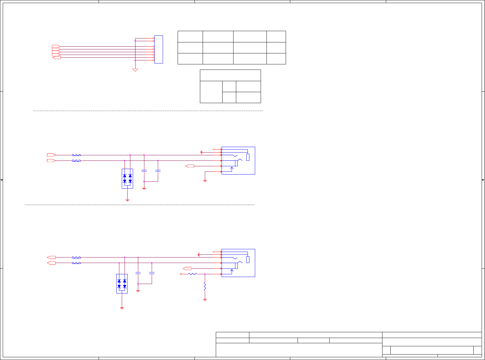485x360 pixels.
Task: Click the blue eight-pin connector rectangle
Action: click(x=158, y=49)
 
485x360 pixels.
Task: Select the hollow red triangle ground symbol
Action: click(x=135, y=70)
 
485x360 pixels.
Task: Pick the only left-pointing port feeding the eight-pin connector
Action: click(x=56, y=58)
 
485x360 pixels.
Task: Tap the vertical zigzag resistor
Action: click(x=205, y=286)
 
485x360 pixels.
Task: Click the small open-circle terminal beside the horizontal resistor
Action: click(x=181, y=274)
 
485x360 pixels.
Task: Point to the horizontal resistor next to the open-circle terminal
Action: click(x=193, y=274)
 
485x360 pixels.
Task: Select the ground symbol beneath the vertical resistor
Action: click(x=205, y=300)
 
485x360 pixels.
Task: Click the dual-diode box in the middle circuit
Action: click(x=127, y=178)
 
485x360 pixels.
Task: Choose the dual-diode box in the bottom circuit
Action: click(x=122, y=283)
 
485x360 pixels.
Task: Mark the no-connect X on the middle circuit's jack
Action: click(x=213, y=149)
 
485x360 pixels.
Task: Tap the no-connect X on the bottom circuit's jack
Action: click(x=213, y=252)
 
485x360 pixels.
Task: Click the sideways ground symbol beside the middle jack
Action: click(x=201, y=152)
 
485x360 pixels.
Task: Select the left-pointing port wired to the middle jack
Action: click(x=190, y=166)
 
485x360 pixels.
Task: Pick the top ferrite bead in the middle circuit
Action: click(x=76, y=155)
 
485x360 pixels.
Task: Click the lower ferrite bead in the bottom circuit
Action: click(x=76, y=263)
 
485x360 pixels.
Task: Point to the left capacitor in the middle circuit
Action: click(x=144, y=171)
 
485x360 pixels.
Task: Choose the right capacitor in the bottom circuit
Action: click(x=152, y=273)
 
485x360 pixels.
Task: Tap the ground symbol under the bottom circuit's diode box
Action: click(x=122, y=308)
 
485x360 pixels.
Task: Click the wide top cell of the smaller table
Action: click(x=230, y=75)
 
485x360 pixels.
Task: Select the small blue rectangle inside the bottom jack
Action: click(x=248, y=259)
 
